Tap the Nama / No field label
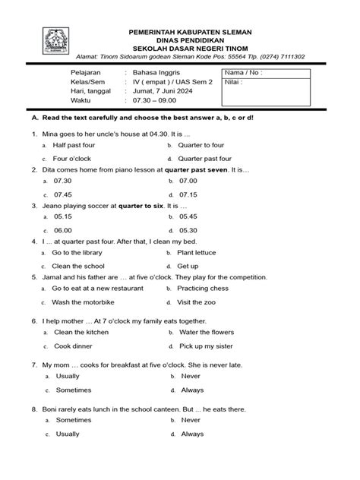(x=242, y=74)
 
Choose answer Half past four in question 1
(x=74, y=145)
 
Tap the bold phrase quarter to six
(x=141, y=206)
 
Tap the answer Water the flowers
(x=206, y=333)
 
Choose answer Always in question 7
(x=192, y=390)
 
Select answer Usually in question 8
(x=68, y=434)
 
